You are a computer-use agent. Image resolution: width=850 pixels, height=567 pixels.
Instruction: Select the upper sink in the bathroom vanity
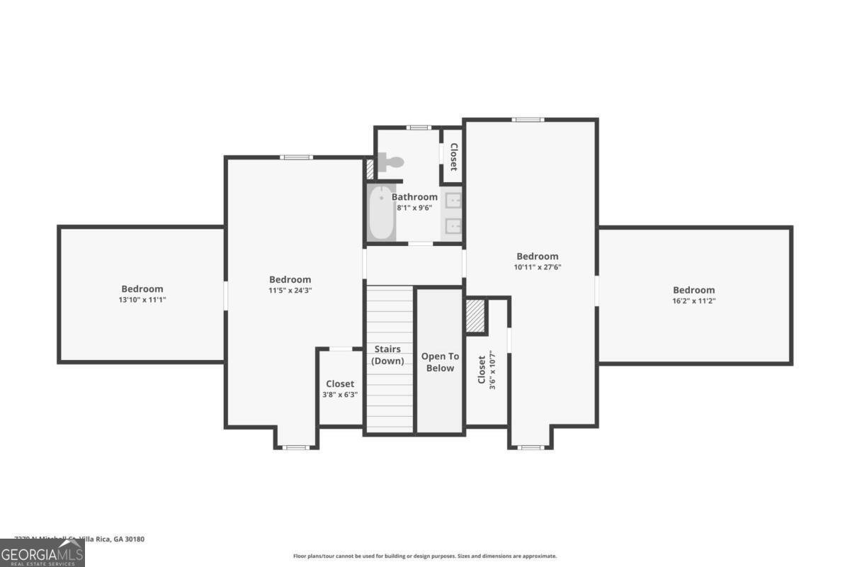[x=453, y=201]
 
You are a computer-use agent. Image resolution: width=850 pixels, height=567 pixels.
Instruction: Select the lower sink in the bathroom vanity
[x=453, y=227]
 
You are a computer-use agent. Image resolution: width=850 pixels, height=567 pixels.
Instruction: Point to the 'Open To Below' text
[x=440, y=362]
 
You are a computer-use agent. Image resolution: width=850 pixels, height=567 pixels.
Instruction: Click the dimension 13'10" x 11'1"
[x=142, y=300]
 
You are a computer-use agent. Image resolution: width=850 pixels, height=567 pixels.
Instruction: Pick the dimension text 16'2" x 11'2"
[x=693, y=301]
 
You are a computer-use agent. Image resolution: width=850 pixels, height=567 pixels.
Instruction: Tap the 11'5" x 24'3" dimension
[x=290, y=291]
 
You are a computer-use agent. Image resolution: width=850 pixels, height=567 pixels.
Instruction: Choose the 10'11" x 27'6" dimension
[x=537, y=267]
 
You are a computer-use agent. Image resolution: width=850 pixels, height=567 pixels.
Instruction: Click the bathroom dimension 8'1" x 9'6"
[x=414, y=208]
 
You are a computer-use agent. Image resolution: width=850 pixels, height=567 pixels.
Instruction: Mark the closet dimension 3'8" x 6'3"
[x=340, y=395]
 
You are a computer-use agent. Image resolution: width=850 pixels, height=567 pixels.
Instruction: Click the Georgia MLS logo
[x=42, y=553]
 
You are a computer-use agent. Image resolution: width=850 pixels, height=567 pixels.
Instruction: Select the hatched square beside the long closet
[x=475, y=316]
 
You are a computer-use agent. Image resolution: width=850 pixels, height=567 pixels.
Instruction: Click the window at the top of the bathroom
[x=419, y=128]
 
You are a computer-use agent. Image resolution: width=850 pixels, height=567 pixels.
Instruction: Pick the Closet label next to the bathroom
[x=453, y=157]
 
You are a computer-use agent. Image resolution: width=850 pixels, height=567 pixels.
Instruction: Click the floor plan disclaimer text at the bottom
[x=425, y=556]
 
